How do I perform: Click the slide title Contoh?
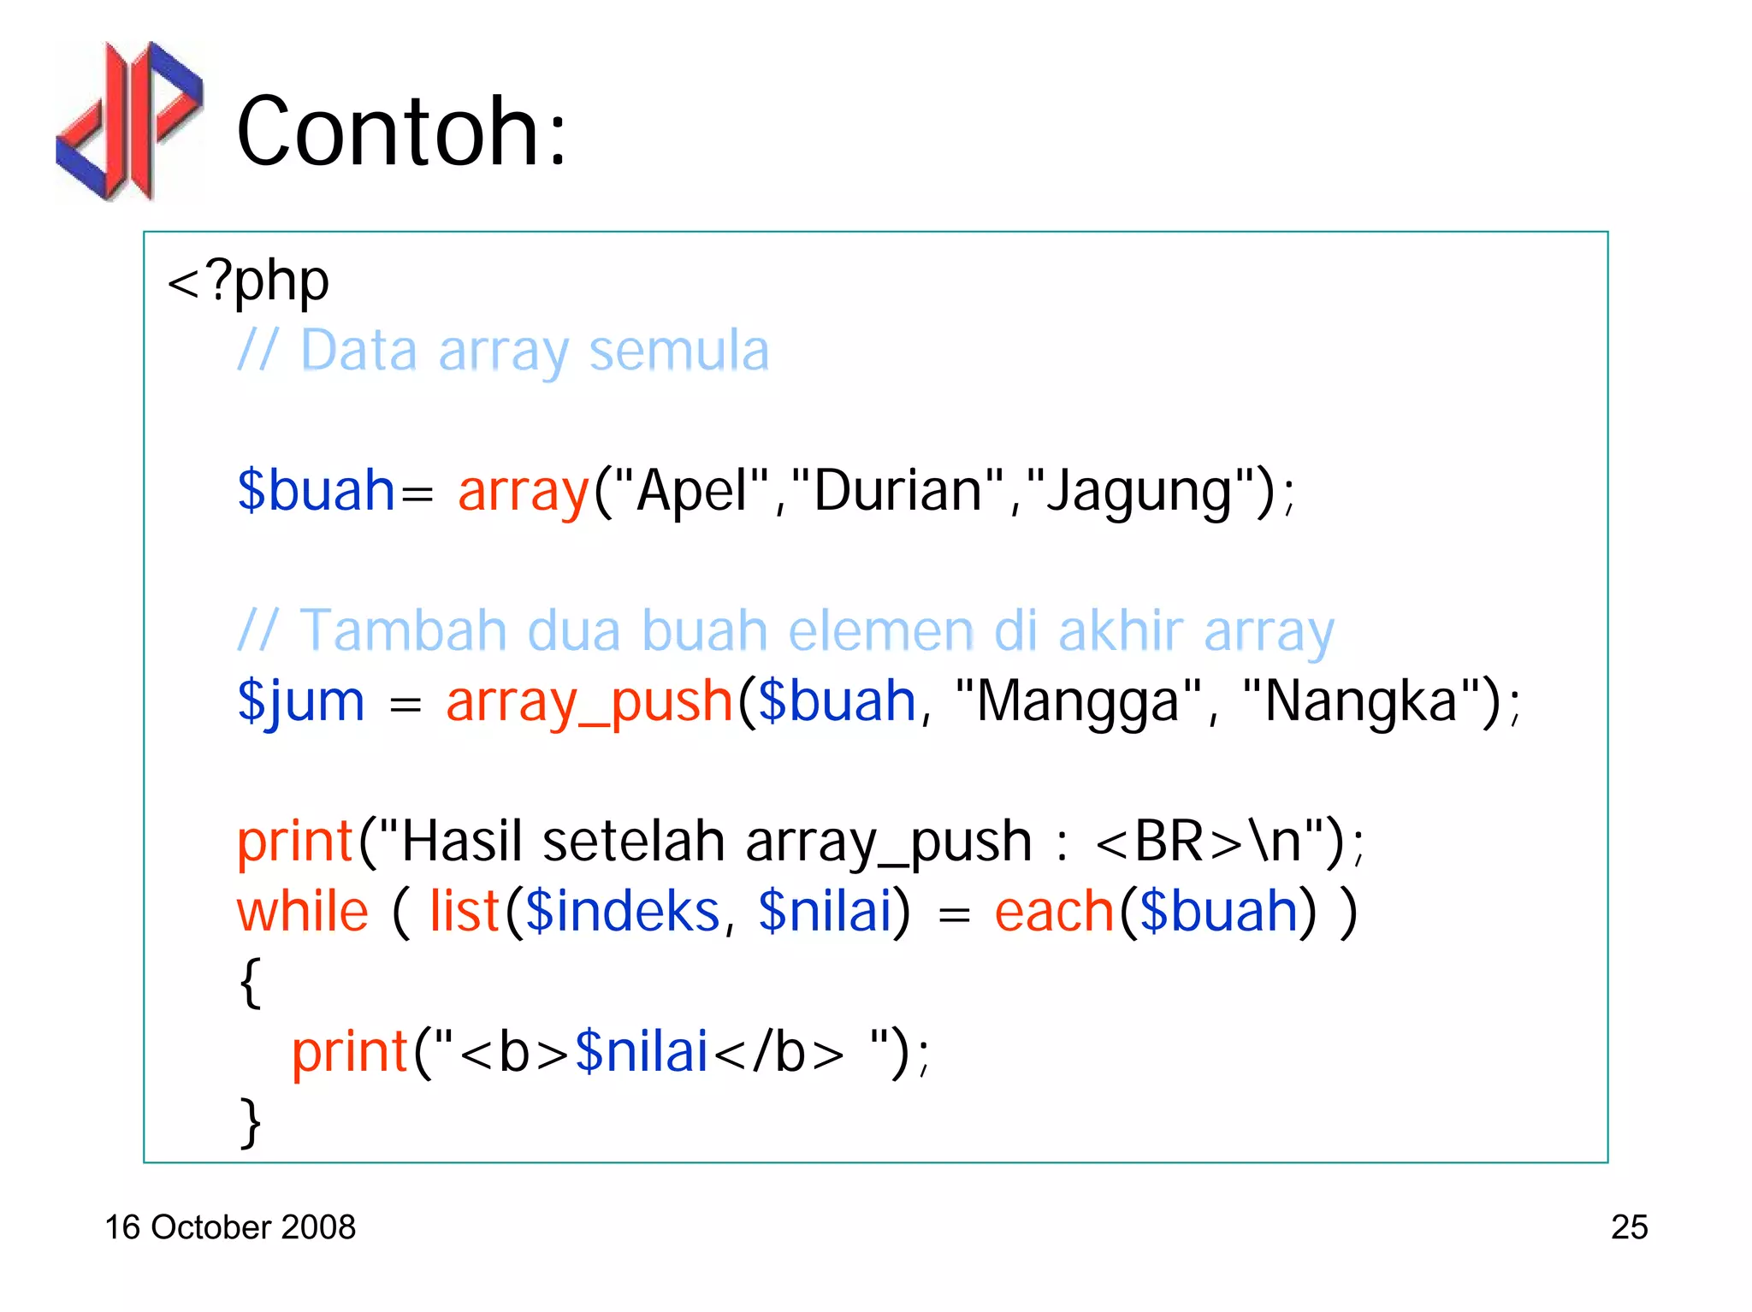click(x=401, y=132)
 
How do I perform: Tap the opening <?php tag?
click(x=248, y=281)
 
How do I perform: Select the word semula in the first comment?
click(x=679, y=351)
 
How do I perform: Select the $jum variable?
click(x=301, y=701)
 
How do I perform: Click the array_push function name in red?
click(x=589, y=701)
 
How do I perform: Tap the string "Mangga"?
click(x=1079, y=701)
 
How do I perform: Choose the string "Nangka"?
click(x=1361, y=701)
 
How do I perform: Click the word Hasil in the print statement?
click(x=461, y=842)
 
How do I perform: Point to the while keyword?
click(x=303, y=912)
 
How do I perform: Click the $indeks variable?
click(x=623, y=912)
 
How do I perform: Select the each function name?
click(x=1054, y=912)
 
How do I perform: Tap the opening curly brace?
click(x=250, y=982)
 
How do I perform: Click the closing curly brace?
click(x=250, y=1122)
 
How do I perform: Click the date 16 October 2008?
click(x=230, y=1227)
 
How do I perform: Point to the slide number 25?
click(x=1629, y=1227)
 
